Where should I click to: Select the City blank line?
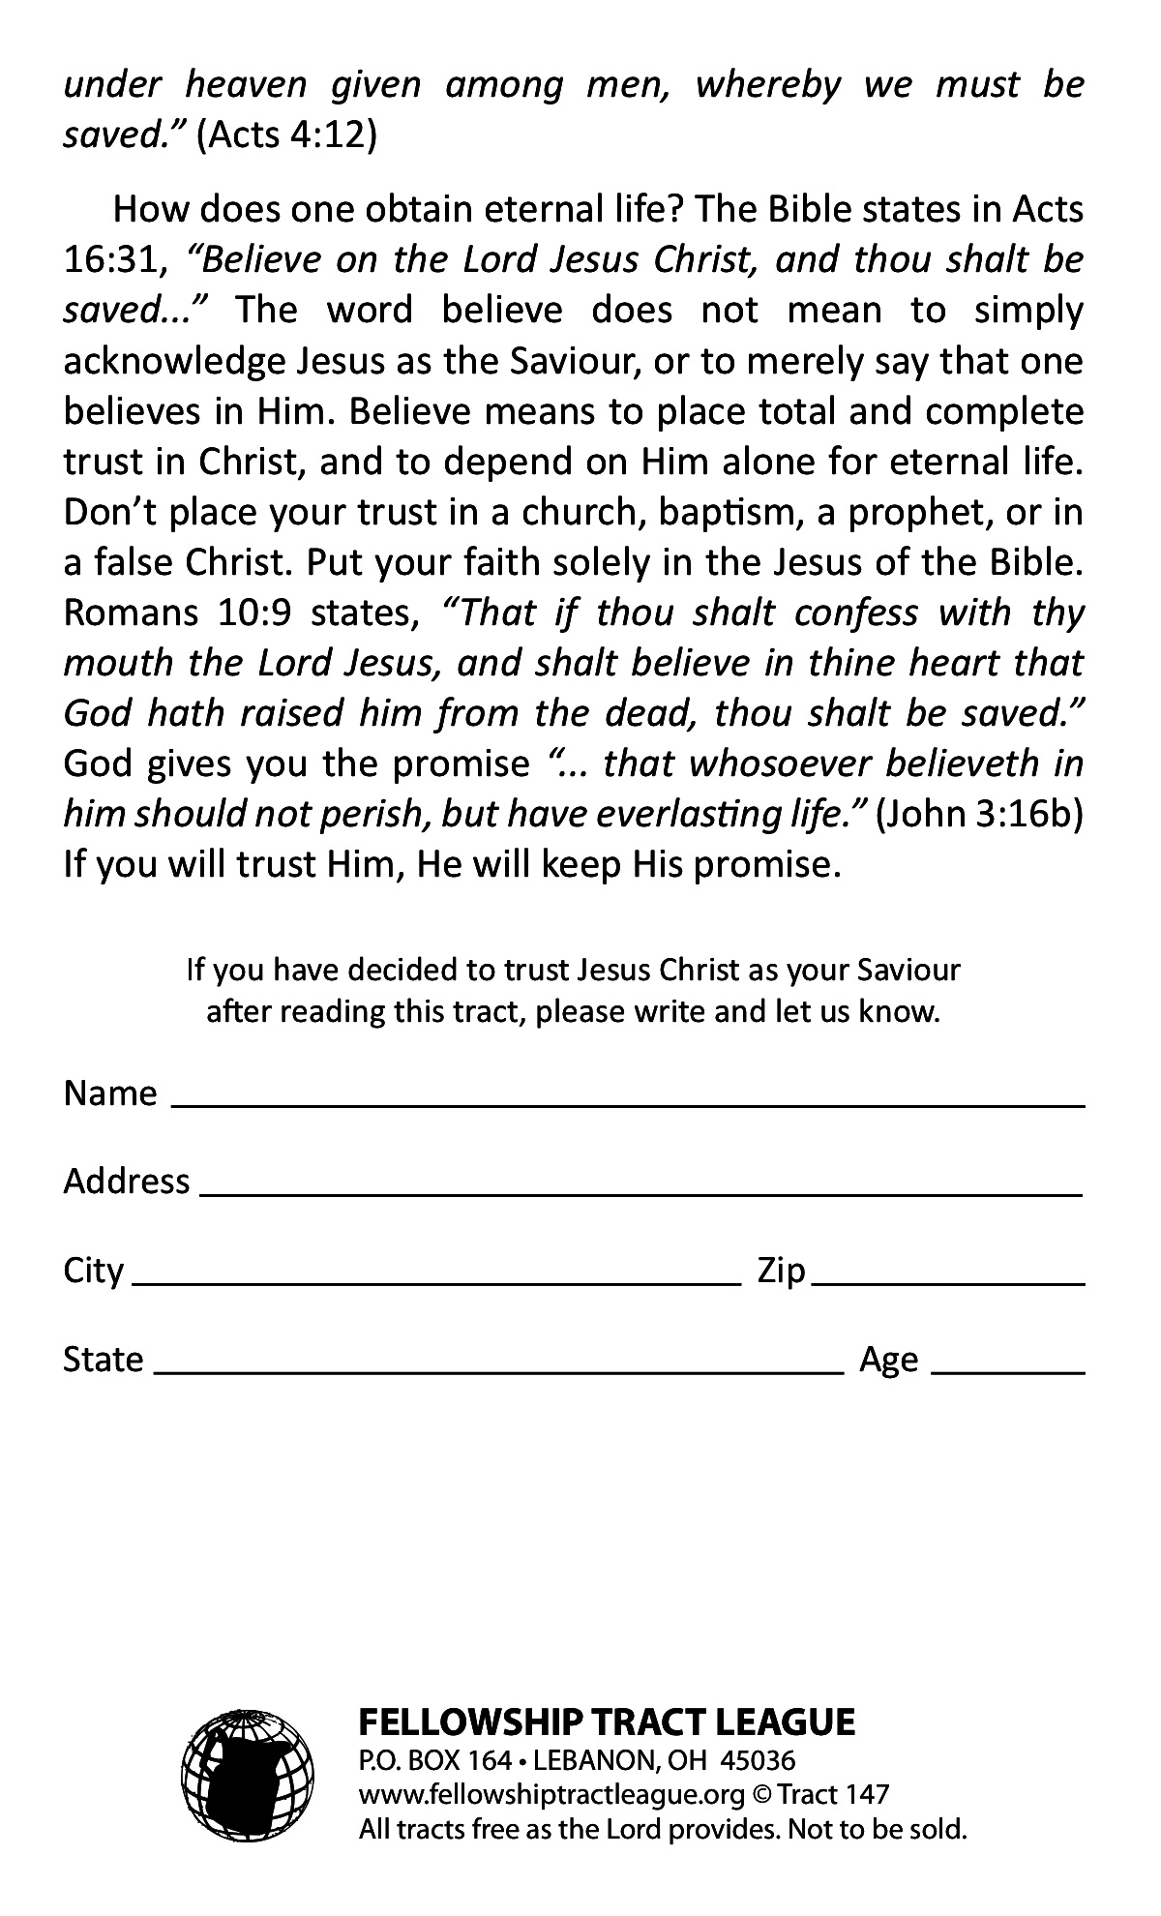point(435,1279)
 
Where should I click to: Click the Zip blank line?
point(948,1279)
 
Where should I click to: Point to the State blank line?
point(499,1368)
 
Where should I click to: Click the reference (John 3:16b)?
point(979,815)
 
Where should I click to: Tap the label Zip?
point(781,1271)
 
